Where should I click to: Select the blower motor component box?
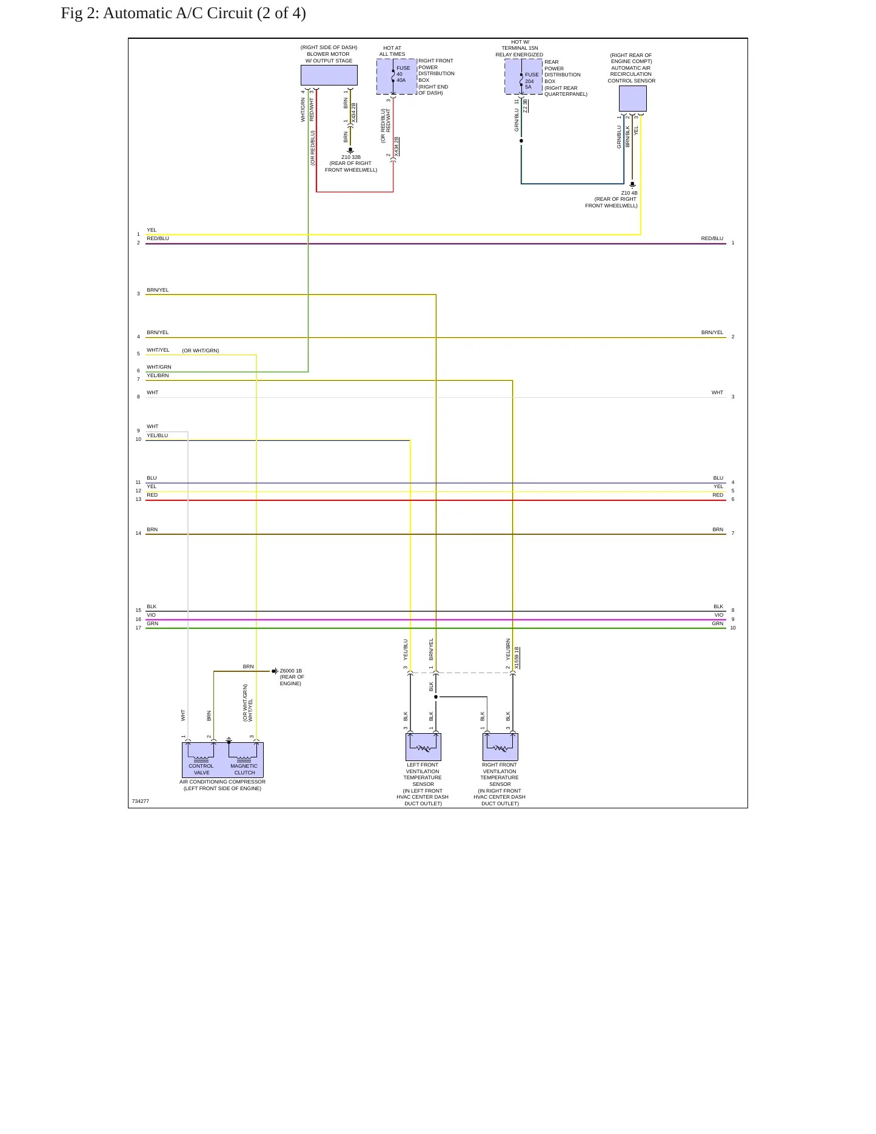coord(329,75)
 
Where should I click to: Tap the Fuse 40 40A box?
coord(397,76)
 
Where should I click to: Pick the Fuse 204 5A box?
coord(524,76)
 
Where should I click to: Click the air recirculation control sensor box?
coord(633,98)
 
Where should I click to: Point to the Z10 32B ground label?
coord(351,157)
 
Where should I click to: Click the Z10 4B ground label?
coord(629,193)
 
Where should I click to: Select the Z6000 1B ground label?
coord(291,671)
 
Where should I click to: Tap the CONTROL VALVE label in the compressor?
coord(201,769)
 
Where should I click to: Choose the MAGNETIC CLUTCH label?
coord(244,769)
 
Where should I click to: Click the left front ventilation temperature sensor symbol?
coord(423,747)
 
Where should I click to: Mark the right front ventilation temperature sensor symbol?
coord(500,747)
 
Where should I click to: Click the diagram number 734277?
coord(141,801)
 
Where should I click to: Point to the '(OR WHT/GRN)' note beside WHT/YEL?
coord(201,351)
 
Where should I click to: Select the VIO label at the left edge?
coord(151,615)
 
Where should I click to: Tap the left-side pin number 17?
coord(138,628)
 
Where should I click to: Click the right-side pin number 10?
coord(733,628)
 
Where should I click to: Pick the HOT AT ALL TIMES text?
coord(392,51)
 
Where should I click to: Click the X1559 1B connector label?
coord(517,658)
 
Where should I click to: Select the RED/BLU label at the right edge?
coord(712,238)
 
